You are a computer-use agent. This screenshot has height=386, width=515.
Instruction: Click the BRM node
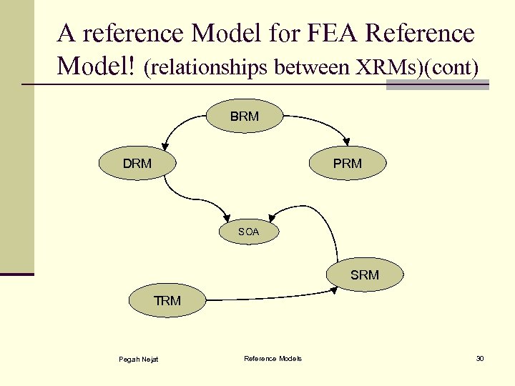coord(245,117)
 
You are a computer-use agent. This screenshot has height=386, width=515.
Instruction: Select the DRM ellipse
coord(137,163)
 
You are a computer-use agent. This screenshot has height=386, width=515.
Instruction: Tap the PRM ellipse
coord(348,163)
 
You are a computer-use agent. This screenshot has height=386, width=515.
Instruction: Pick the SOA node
coord(248,232)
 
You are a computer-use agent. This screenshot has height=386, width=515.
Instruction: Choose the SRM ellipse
coord(365,274)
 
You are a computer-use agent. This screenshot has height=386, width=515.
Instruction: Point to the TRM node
coord(167,301)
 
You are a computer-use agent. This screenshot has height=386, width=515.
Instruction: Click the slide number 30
coord(480,358)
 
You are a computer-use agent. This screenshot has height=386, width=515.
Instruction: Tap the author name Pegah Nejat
coord(139,359)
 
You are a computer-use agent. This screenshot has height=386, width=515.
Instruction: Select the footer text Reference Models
coord(273,358)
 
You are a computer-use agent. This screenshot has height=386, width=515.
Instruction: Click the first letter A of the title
coord(67,34)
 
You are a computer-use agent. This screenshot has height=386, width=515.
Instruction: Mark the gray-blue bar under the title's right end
coord(437,85)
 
